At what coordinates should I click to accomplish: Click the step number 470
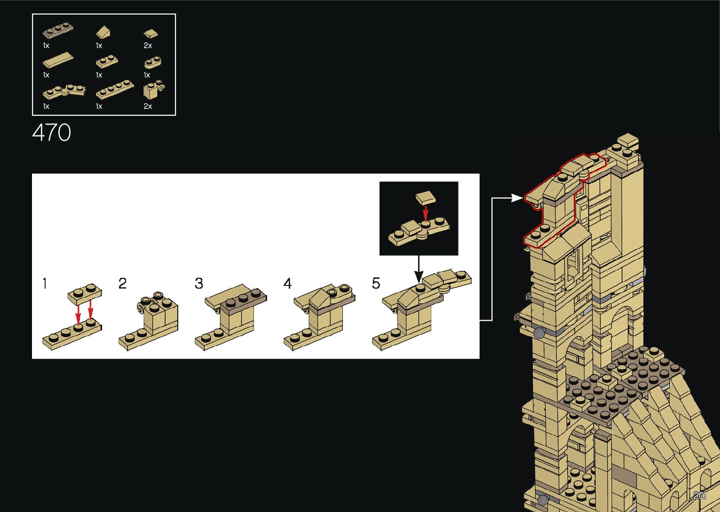[52, 133]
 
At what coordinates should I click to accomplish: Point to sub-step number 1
[45, 284]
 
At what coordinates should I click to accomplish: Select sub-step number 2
[122, 284]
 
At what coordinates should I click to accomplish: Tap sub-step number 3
[199, 284]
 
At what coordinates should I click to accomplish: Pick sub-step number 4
[287, 284]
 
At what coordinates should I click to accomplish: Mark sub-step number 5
[376, 284]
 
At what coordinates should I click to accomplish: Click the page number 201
[699, 496]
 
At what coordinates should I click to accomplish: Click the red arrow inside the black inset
[425, 213]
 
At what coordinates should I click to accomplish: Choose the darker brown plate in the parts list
[58, 31]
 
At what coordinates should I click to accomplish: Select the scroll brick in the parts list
[154, 89]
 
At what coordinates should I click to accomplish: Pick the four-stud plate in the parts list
[115, 89]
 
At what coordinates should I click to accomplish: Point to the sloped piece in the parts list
[104, 32]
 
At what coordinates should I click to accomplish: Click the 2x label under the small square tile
[148, 46]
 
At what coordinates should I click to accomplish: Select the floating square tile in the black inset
[425, 198]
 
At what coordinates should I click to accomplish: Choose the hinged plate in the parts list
[64, 91]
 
